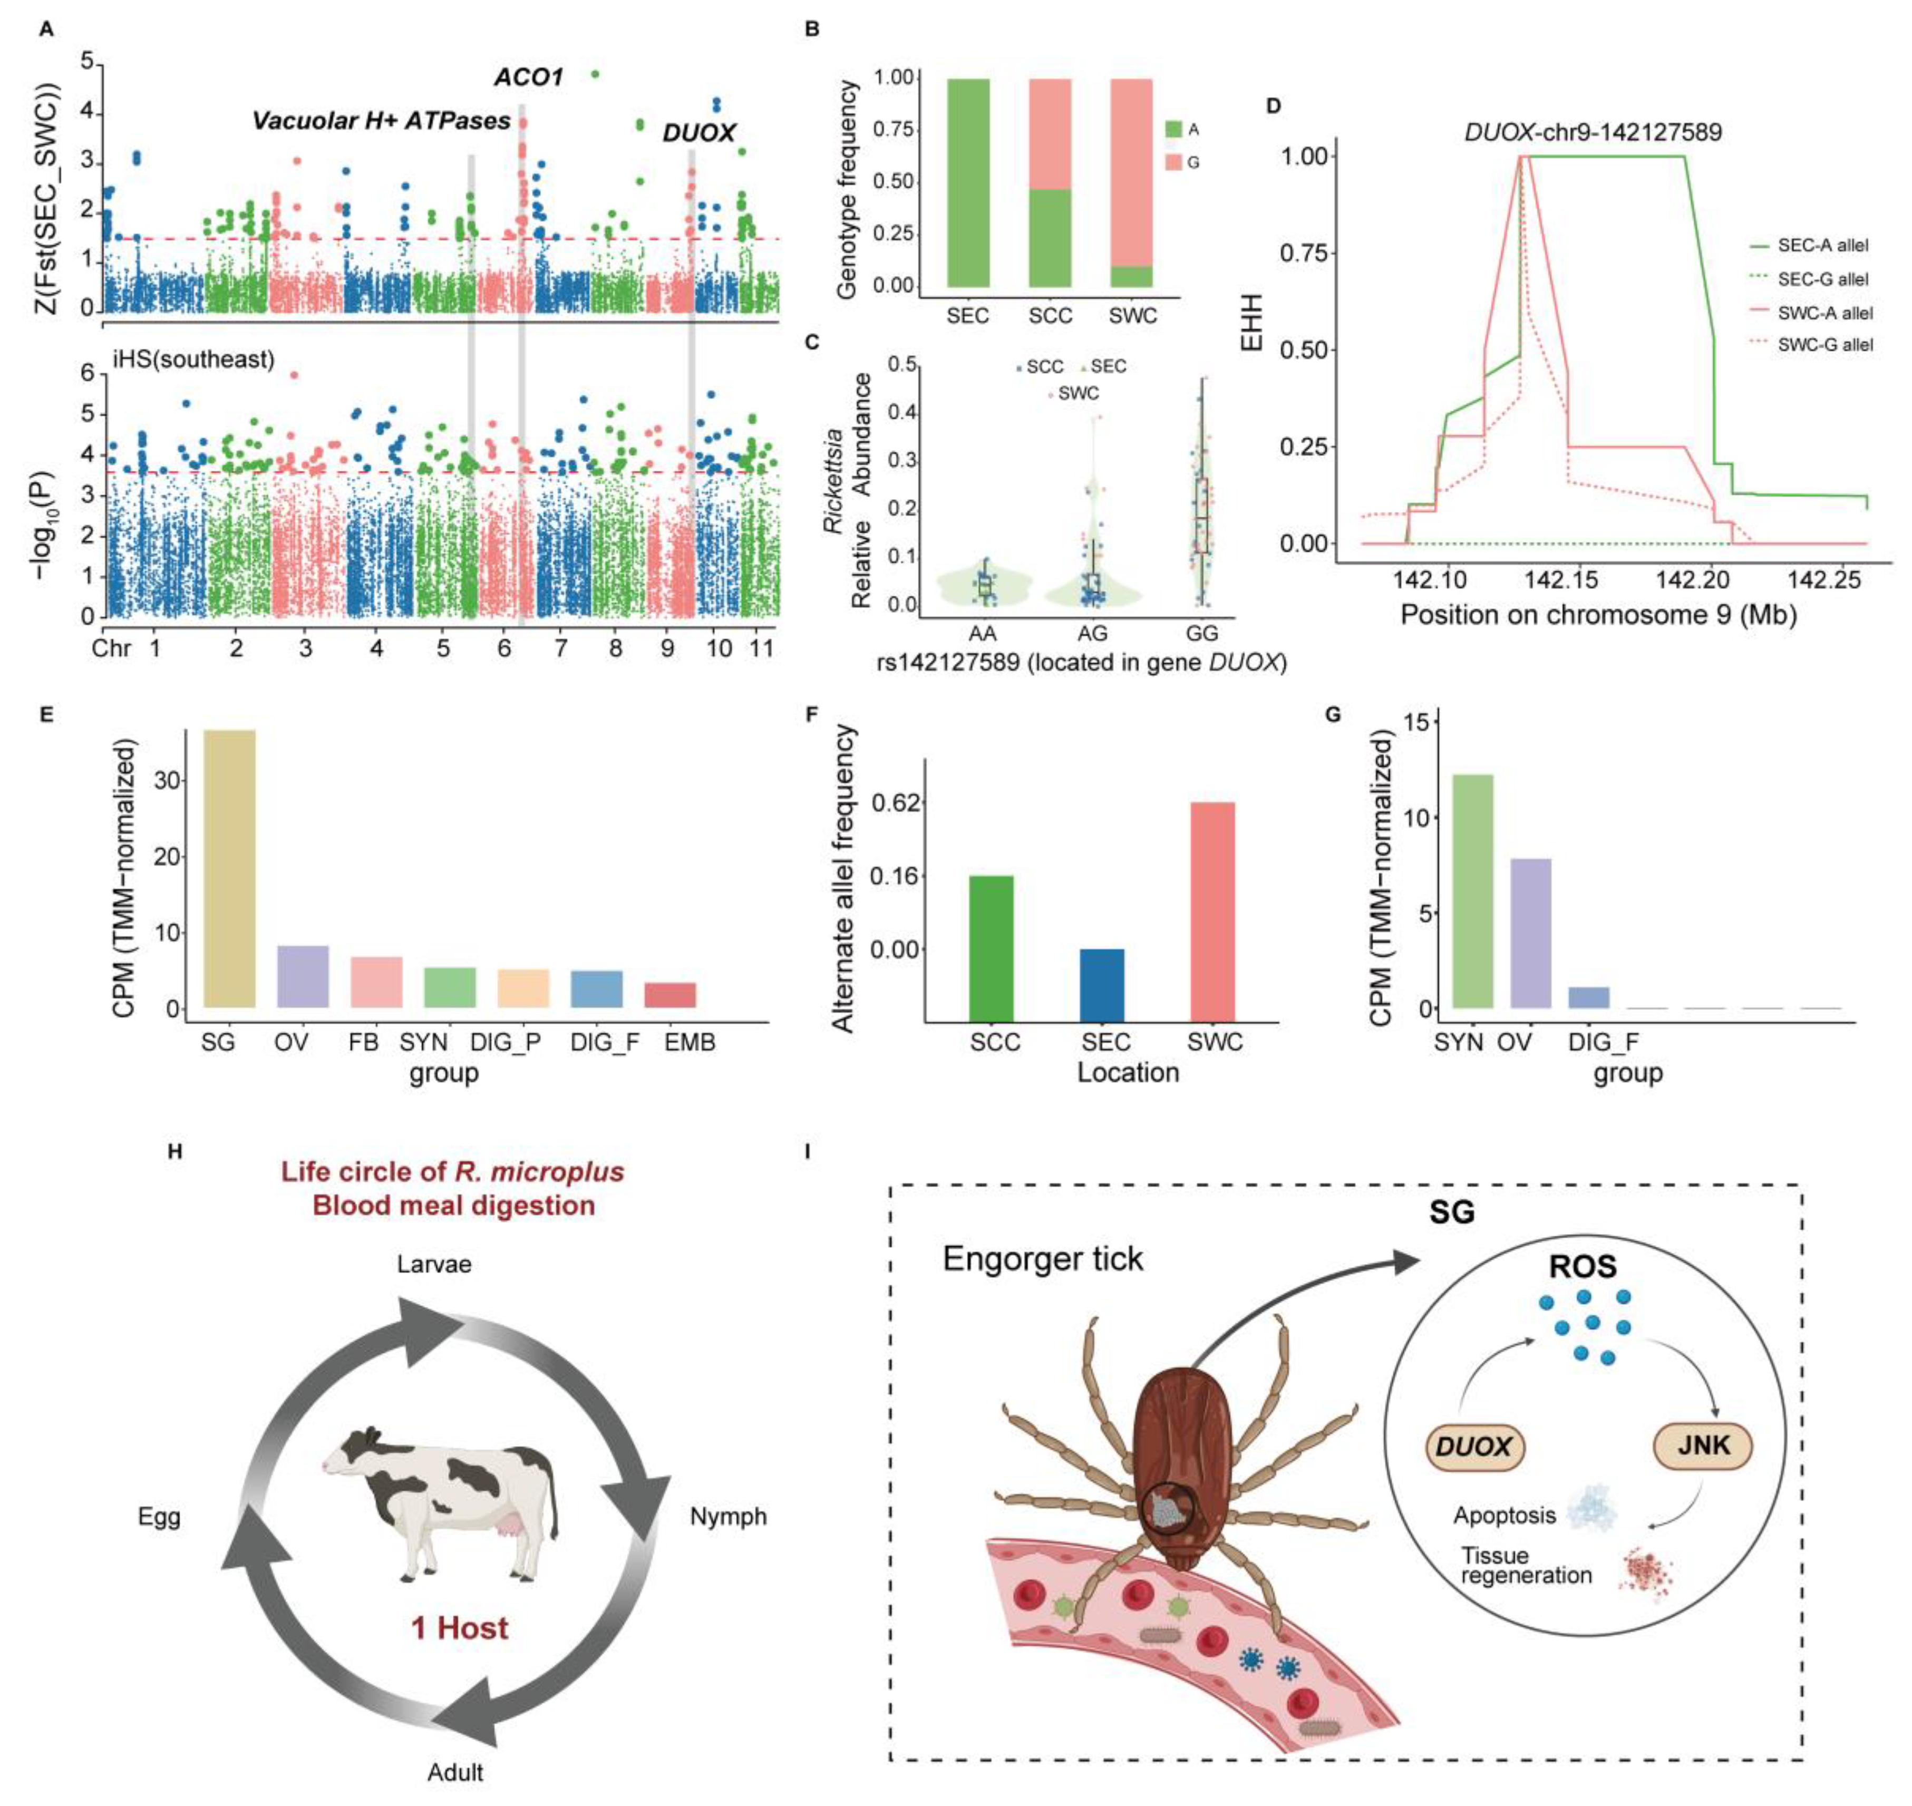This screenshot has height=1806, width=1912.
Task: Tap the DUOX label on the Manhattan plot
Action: click(699, 134)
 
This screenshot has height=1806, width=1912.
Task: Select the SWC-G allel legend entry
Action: click(1824, 345)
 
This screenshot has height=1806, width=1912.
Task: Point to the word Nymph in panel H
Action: click(729, 1516)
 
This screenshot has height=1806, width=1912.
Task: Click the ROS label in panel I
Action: click(1582, 1267)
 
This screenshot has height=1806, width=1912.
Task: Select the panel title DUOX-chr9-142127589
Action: click(1593, 132)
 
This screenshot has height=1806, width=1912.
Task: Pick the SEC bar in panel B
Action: click(967, 183)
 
